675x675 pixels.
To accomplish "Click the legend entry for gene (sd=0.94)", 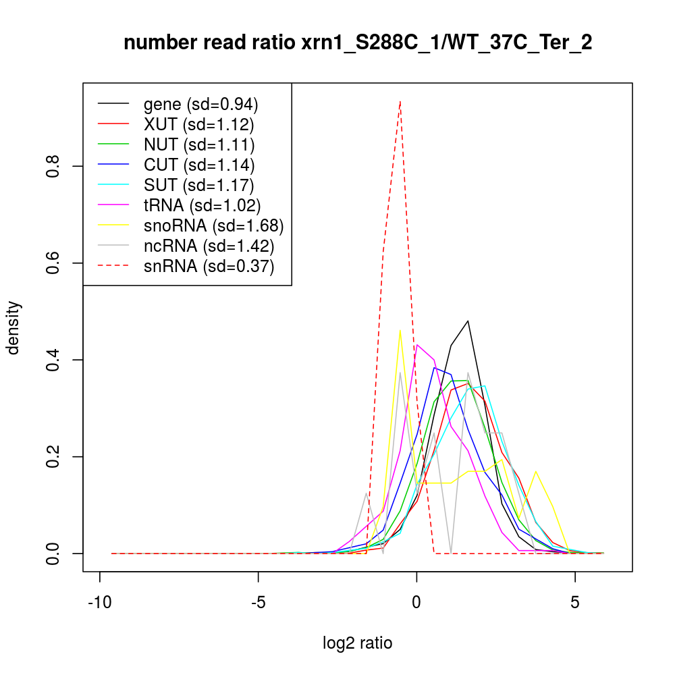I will [x=201, y=105].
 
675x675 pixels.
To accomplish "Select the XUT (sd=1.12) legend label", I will [x=199, y=124].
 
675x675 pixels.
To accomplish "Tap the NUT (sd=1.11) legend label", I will [x=199, y=144].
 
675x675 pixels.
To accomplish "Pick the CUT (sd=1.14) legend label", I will [x=199, y=164].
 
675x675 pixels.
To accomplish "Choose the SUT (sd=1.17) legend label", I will [x=199, y=184].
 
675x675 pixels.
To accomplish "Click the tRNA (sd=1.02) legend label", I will [x=202, y=205].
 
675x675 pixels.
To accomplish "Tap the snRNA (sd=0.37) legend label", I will [x=209, y=266].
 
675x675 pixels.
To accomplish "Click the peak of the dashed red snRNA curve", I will [x=400, y=101].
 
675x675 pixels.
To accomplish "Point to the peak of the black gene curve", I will [x=468, y=321].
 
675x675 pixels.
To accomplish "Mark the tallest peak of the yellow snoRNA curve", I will [x=400, y=330].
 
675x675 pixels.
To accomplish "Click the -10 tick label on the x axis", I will [x=100, y=603].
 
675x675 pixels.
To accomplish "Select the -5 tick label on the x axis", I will [x=259, y=603].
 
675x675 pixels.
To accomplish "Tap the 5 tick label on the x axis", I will [x=575, y=603].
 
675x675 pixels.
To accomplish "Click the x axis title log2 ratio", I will [x=358, y=643].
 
